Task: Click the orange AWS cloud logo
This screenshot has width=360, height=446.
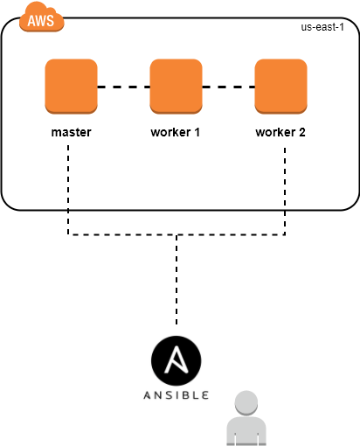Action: pos(41,17)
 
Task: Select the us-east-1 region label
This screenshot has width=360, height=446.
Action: pos(322,27)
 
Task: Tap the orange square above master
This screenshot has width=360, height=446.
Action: pos(71,87)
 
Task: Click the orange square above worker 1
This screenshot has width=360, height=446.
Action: pos(176,87)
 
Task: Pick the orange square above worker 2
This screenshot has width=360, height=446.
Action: pos(280,87)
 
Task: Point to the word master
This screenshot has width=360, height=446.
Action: pos(71,132)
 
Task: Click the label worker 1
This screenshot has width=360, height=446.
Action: pos(175,132)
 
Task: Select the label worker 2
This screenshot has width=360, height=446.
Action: pos(280,132)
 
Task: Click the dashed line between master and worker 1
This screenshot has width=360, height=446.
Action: pos(123,87)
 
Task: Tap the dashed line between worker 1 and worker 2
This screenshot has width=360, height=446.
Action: pos(228,87)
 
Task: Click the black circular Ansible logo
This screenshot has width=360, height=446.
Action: pos(177,360)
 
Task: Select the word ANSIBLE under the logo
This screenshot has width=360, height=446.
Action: pos(177,395)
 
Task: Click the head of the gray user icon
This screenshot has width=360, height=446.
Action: pos(246,403)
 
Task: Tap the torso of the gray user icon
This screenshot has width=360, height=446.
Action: pos(246,431)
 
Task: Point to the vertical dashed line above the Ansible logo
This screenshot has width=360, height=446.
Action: pos(177,279)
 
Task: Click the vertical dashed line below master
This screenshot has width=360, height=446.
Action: pos(68,190)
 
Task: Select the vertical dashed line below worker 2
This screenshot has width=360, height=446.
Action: pos(285,191)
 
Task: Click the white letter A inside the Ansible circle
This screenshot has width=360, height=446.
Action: pos(176,359)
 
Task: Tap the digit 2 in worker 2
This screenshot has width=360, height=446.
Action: pos(302,132)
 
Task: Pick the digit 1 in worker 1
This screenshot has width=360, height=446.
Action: pos(197,132)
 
